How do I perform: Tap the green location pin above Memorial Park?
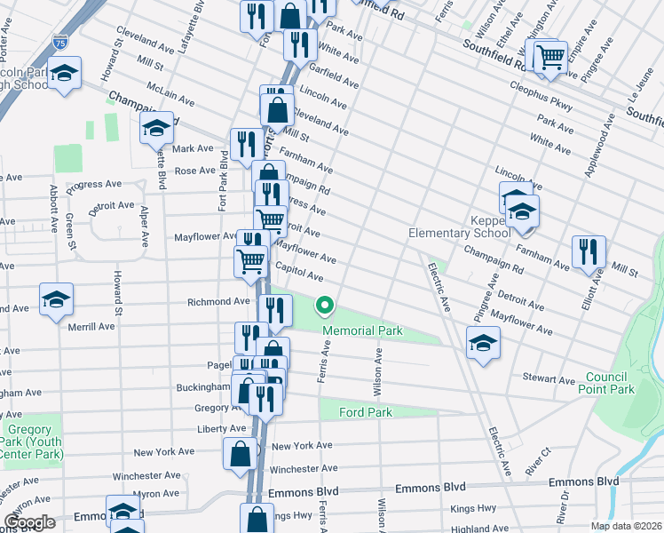pos(325,307)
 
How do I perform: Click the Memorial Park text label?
pos(362,331)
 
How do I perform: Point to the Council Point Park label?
pos(606,384)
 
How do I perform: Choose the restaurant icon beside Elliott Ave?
pos(588,251)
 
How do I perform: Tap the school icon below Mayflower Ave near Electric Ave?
pos(482,342)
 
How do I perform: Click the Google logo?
pos(29,522)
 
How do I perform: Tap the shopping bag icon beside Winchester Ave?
pos(241,454)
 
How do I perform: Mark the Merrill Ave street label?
pos(91,326)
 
